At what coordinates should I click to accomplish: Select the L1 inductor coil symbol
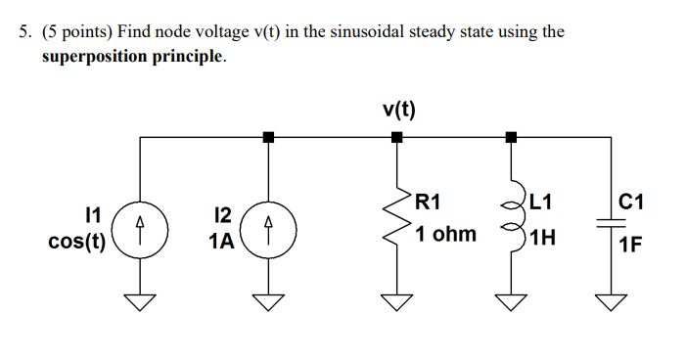pos(509,223)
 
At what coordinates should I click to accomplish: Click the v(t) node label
pos(398,107)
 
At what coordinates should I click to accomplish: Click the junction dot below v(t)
pos(397,138)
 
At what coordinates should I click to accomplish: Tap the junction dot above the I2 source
pos(268,138)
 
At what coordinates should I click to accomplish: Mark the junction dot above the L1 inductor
pos(509,138)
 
